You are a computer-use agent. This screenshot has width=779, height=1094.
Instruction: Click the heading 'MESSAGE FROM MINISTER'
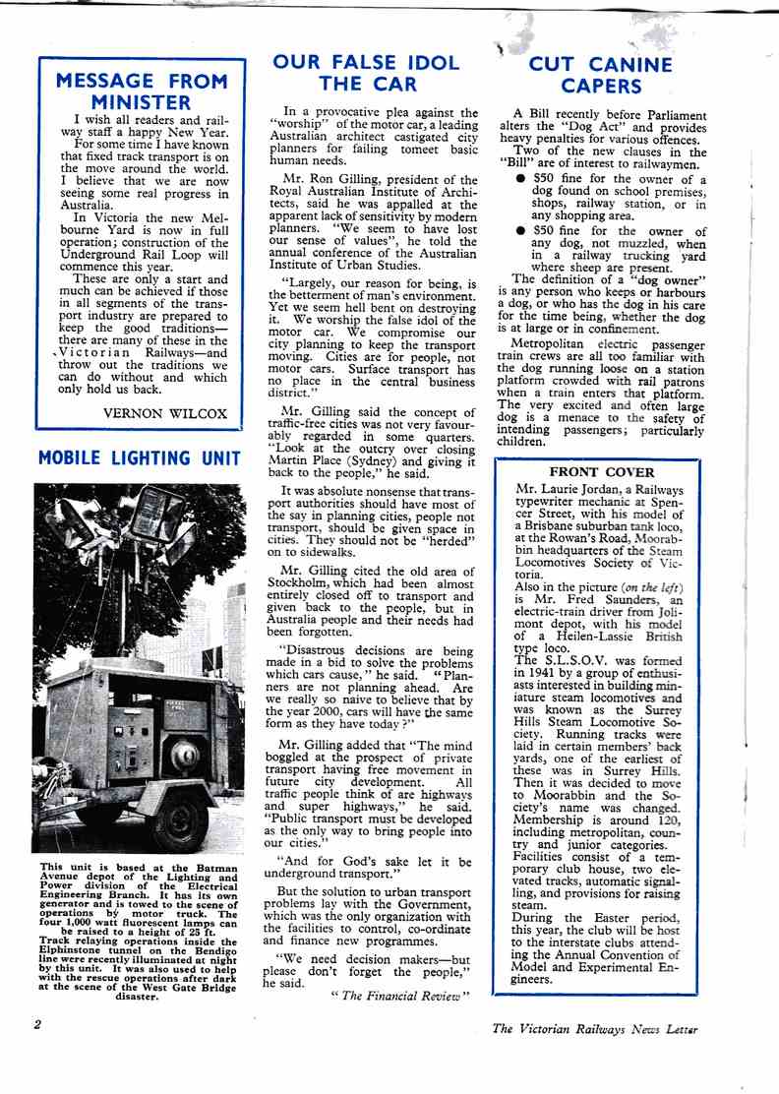143,91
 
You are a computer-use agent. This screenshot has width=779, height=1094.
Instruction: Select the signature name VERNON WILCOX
165,412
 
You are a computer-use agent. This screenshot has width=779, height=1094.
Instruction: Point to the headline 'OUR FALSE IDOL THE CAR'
366,74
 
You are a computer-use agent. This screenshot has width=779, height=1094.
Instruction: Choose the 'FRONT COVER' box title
602,472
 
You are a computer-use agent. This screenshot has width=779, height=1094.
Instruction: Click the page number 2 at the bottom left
36,1024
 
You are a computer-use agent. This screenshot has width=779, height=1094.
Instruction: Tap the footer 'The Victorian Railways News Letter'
595,1029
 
